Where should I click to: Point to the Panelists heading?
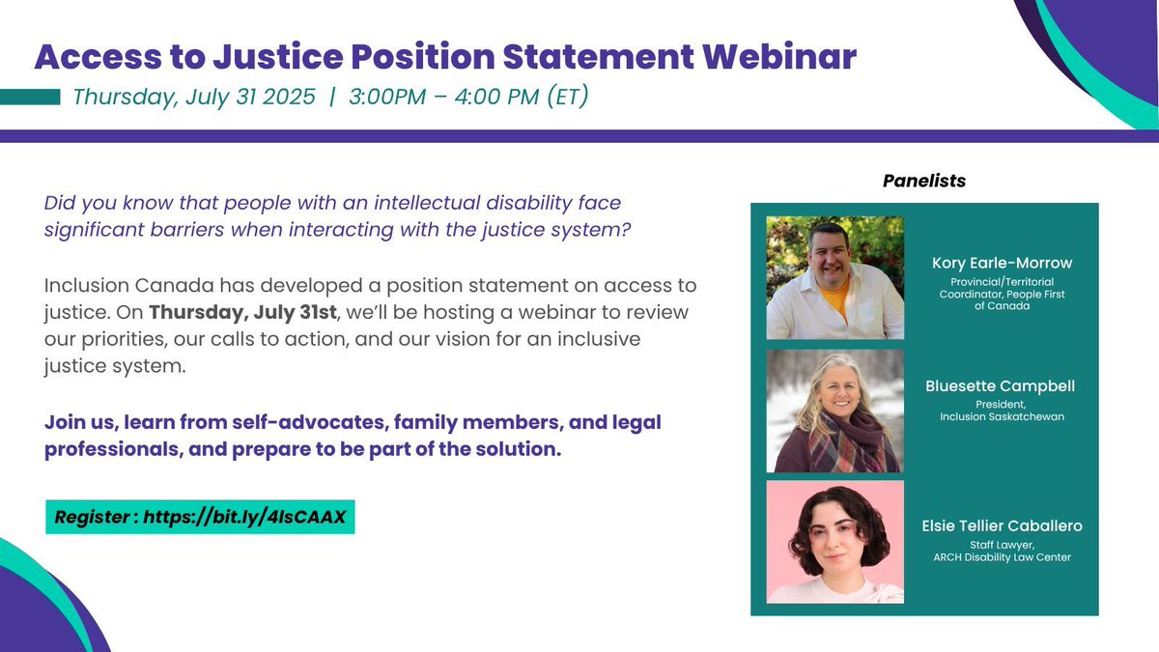(923, 181)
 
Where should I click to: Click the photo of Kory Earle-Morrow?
(834, 276)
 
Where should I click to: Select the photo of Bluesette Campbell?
(834, 410)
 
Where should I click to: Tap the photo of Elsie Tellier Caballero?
(834, 542)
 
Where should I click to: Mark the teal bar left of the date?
(30, 98)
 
